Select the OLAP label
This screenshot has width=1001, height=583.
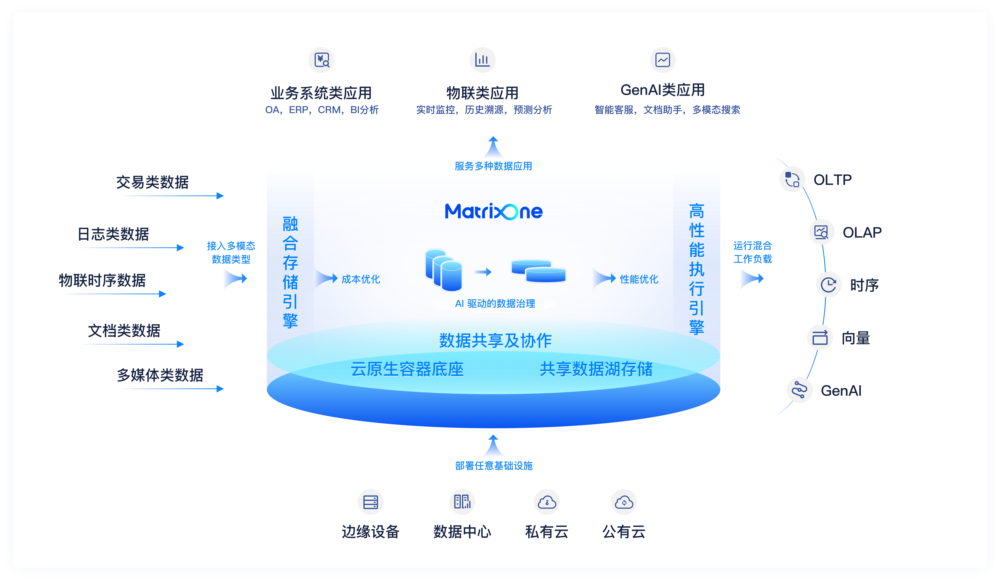click(862, 232)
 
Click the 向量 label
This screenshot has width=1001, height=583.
click(856, 338)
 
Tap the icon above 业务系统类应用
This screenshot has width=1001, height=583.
click(321, 60)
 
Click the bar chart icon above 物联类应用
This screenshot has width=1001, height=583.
click(482, 60)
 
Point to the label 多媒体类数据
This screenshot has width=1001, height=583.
click(160, 375)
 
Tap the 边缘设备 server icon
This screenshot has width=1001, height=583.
click(370, 502)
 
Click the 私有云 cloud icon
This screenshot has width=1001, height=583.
click(547, 502)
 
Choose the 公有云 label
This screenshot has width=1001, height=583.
click(624, 532)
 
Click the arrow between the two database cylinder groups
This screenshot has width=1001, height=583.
click(483, 272)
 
